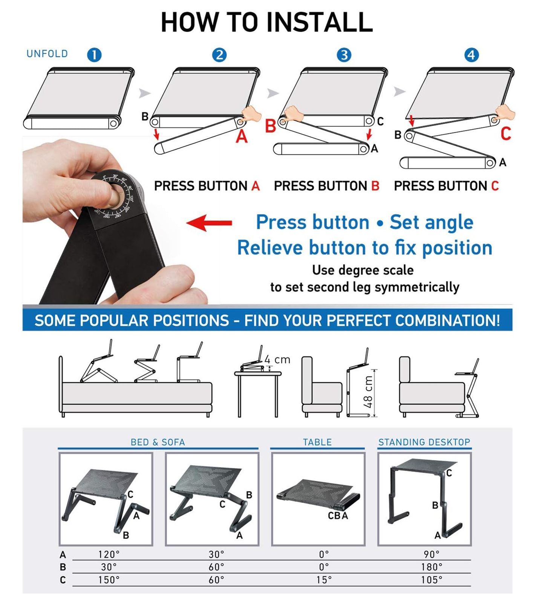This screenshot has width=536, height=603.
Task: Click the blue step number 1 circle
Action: pyautogui.click(x=94, y=55)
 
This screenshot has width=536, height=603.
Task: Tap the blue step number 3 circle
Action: pyautogui.click(x=344, y=55)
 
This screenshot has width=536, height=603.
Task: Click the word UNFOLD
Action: pyautogui.click(x=47, y=54)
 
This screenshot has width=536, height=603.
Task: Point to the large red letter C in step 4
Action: pyautogui.click(x=505, y=134)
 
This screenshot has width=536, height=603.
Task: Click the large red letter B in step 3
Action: pyautogui.click(x=270, y=126)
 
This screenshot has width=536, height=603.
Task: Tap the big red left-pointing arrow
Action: pyautogui.click(x=209, y=223)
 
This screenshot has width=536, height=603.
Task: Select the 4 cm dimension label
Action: pyautogui.click(x=277, y=360)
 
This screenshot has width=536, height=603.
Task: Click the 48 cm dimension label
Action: pyautogui.click(x=368, y=392)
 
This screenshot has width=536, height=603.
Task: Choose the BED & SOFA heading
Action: pyautogui.click(x=158, y=442)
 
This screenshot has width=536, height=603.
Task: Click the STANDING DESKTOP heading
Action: pyautogui.click(x=424, y=442)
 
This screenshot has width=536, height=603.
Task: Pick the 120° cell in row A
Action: pyautogui.click(x=109, y=554)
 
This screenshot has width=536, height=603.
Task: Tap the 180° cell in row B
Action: pyautogui.click(x=432, y=567)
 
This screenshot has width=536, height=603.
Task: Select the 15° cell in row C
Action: pyautogui.click(x=324, y=580)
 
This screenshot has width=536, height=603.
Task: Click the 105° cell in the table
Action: pyautogui.click(x=432, y=580)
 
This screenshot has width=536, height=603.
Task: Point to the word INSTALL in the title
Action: pyautogui.click(x=320, y=22)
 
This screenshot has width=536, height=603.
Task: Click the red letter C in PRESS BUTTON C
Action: pyautogui.click(x=495, y=186)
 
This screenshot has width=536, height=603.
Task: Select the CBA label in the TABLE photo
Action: pyautogui.click(x=338, y=516)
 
